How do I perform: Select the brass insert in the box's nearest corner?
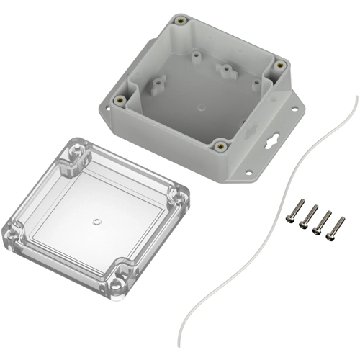pos(221,146)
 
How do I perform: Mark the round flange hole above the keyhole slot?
pos(294,109)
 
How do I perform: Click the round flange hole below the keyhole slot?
pos(249,172)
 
